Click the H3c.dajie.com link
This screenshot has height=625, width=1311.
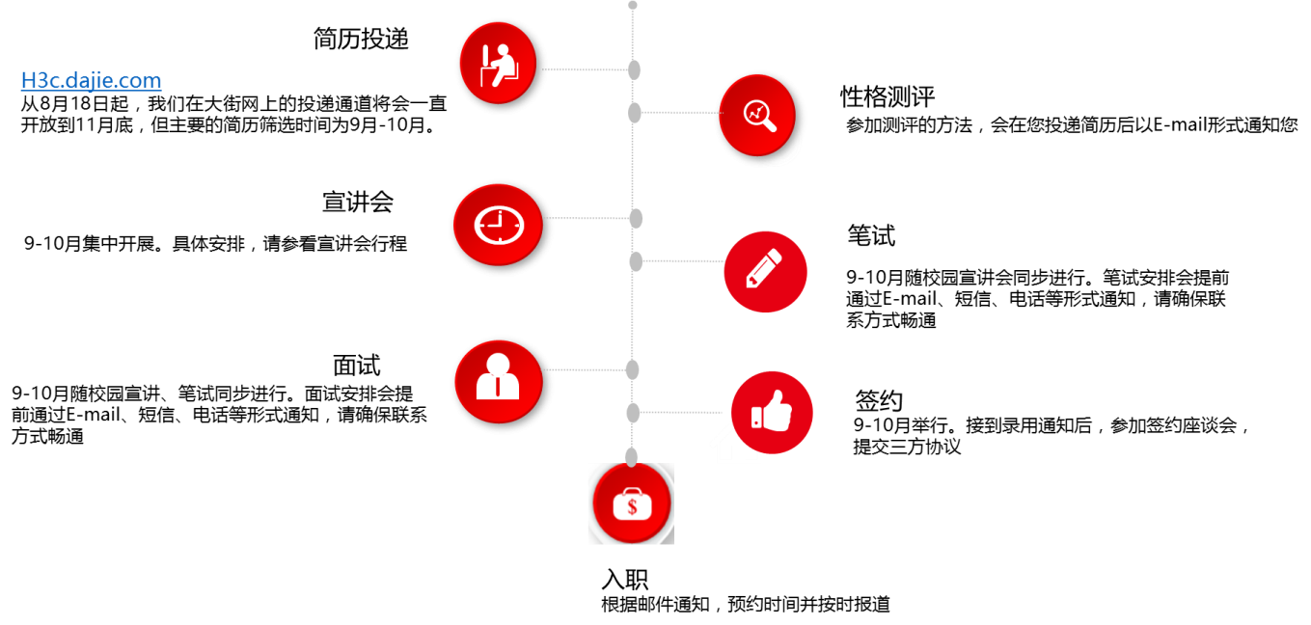click(91, 81)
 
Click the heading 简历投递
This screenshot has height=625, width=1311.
click(362, 40)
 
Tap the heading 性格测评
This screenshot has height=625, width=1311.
click(887, 96)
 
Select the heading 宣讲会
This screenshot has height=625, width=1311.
click(358, 203)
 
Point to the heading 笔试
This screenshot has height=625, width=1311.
click(870, 235)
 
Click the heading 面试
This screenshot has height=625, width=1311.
click(356, 366)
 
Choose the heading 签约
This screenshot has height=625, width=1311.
click(878, 399)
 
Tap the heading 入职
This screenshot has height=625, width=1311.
click(624, 580)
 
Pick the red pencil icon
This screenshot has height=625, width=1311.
click(764, 271)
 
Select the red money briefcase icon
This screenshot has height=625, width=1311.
click(631, 504)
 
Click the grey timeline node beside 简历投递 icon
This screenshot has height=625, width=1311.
click(634, 69)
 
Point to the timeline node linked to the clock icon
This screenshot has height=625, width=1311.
click(635, 218)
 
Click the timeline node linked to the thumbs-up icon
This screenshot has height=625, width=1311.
click(634, 414)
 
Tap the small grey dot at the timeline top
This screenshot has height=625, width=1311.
click(633, 5)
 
